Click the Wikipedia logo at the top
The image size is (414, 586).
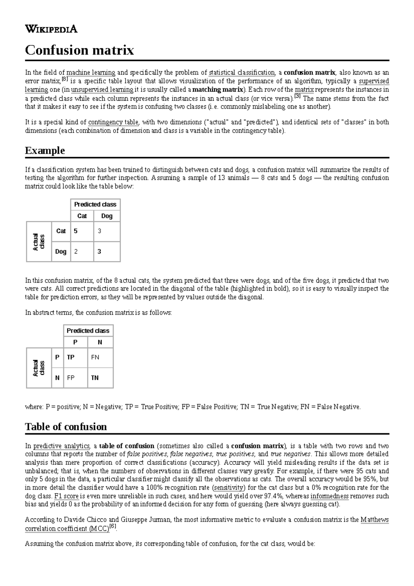[51, 29]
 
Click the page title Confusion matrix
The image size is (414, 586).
[79, 50]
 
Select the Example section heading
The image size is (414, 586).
[45, 150]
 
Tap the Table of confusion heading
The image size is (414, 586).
[66, 427]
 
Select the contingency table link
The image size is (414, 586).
[113, 122]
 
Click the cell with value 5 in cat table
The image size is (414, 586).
[82, 231]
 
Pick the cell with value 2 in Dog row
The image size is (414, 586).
[82, 252]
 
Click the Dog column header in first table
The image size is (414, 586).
[107, 216]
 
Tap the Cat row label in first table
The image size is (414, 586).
[61, 231]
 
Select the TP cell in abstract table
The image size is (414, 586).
[76, 357]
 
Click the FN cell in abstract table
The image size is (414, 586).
[100, 357]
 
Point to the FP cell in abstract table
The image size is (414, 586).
[76, 378]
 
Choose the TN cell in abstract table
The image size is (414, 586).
[100, 378]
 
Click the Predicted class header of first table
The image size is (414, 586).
[95, 204]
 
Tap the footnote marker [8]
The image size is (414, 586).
[65, 80]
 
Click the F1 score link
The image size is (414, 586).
[67, 496]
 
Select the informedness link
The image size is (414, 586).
[329, 496]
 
